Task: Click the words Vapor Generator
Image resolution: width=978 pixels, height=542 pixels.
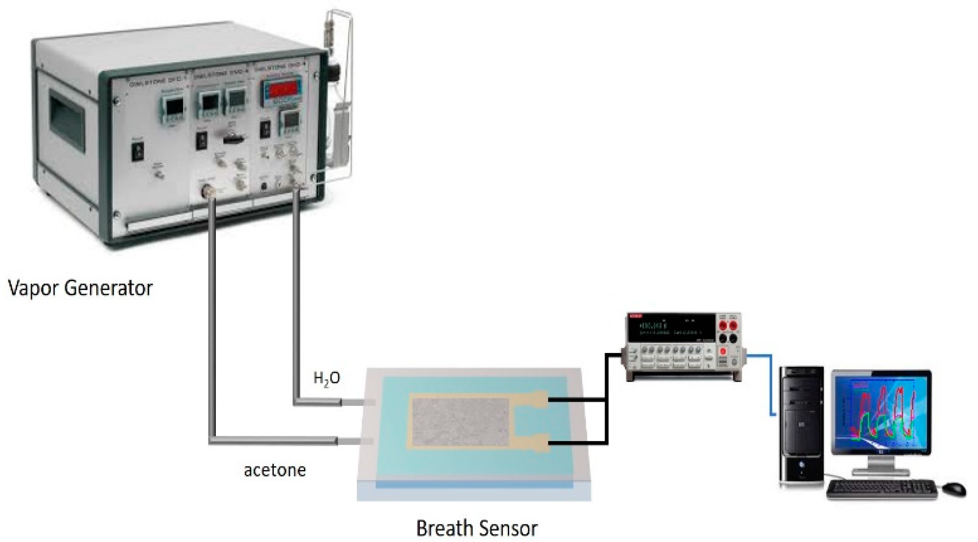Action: [x=81, y=288]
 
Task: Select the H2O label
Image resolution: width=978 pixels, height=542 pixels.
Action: [x=327, y=378]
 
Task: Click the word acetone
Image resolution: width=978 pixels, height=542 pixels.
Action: [x=275, y=470]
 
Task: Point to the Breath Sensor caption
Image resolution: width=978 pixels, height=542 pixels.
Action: [x=477, y=528]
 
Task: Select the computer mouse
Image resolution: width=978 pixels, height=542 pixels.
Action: [x=953, y=489]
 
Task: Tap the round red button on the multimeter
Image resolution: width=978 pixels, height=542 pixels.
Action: [x=722, y=352]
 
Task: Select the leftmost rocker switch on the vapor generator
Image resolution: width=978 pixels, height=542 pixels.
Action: [x=138, y=151]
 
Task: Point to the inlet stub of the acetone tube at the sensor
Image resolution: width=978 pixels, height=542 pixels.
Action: [x=355, y=441]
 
